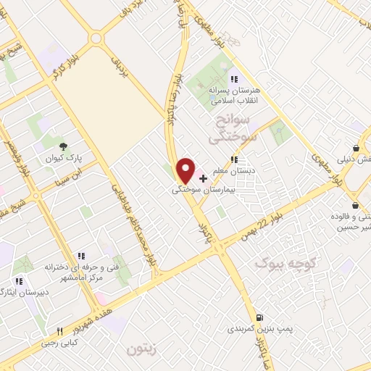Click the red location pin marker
pyautogui.click(x=186, y=170)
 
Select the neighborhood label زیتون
pyautogui.click(x=142, y=350)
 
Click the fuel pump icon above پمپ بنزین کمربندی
pyautogui.click(x=259, y=317)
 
